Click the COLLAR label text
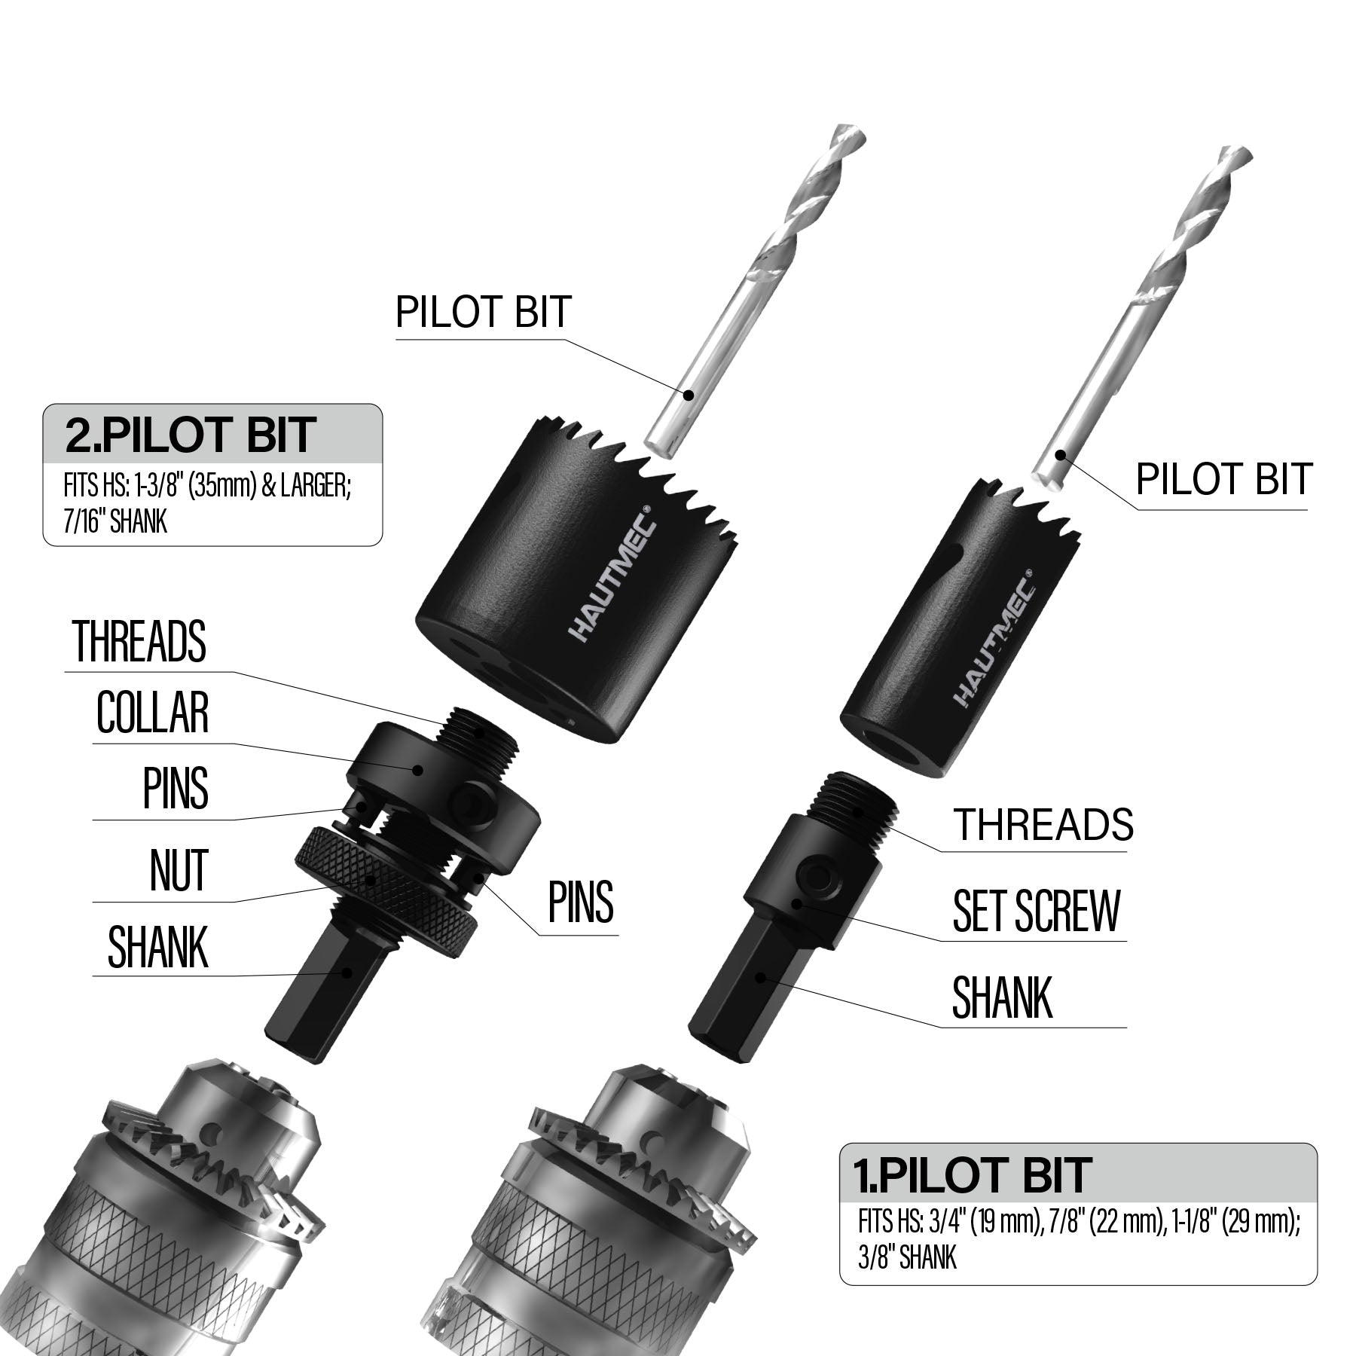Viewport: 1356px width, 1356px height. tap(152, 712)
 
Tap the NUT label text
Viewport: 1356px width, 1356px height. tap(179, 870)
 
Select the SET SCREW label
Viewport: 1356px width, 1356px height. tap(1037, 911)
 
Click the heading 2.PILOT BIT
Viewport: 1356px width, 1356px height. tap(190, 435)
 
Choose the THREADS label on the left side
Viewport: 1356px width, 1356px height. tap(139, 641)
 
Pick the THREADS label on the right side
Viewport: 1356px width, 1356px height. tap(1043, 824)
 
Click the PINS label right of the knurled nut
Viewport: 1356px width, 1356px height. tap(581, 902)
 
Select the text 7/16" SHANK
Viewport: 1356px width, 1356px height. tap(115, 521)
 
